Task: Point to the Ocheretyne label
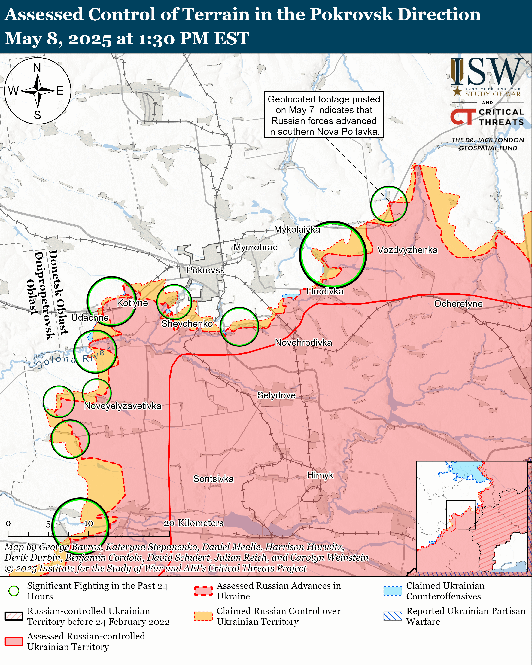(x=458, y=304)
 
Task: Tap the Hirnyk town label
(x=320, y=475)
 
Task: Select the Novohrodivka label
(x=303, y=343)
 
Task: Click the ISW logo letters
(x=487, y=72)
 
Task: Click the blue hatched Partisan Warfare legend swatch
(x=393, y=616)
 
